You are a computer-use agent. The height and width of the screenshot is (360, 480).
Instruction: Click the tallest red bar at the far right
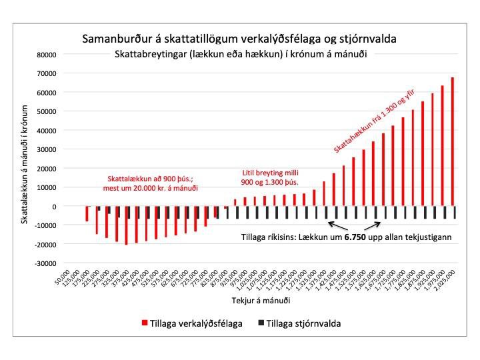pyautogui.click(x=453, y=142)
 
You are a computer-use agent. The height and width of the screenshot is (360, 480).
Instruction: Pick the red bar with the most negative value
pyautogui.click(x=126, y=225)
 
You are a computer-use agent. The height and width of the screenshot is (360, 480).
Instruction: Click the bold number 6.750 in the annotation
pyautogui.click(x=356, y=237)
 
